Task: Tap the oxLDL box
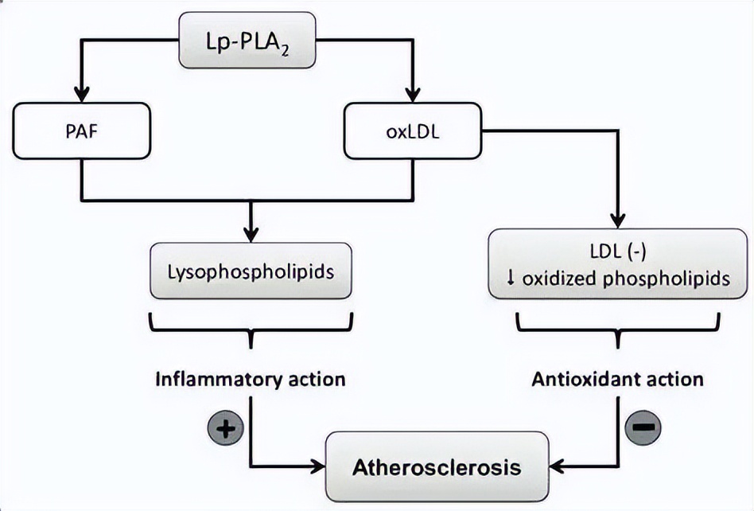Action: (x=413, y=130)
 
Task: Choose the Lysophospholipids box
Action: (x=251, y=271)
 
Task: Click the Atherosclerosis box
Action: (x=437, y=466)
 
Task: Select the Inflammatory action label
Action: (x=251, y=379)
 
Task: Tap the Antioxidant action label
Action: (x=618, y=379)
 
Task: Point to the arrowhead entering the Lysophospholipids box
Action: (x=251, y=235)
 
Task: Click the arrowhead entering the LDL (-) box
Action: (x=618, y=221)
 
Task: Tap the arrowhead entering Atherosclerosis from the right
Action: (x=558, y=466)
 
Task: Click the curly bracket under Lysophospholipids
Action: (x=251, y=328)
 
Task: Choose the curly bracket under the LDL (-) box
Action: (x=618, y=328)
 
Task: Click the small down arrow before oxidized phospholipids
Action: (x=512, y=280)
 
